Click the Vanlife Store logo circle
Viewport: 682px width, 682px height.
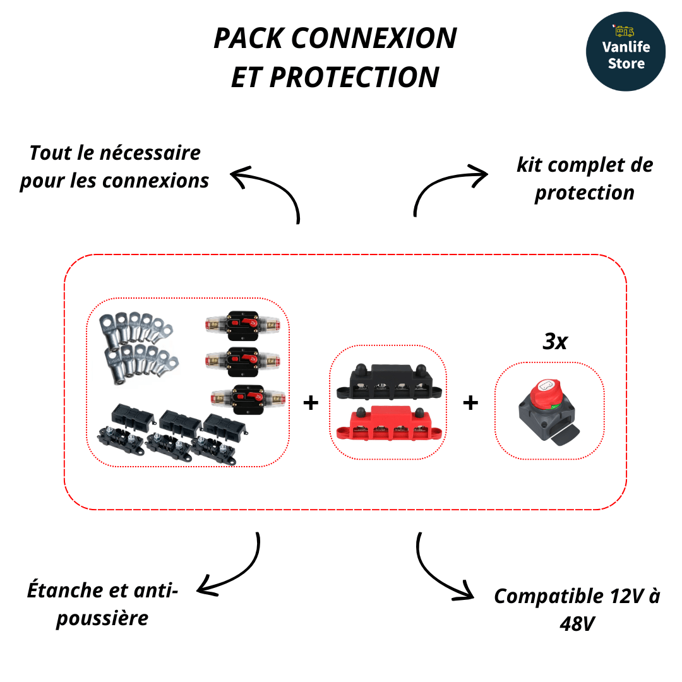point(625,52)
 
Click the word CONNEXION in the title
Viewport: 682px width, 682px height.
point(374,39)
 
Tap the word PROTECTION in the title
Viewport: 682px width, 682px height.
point(355,77)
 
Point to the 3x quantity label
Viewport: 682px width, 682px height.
point(555,342)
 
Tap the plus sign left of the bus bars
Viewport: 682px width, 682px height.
point(310,403)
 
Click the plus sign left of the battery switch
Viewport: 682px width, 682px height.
point(470,403)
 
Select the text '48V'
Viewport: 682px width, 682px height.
point(577,624)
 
